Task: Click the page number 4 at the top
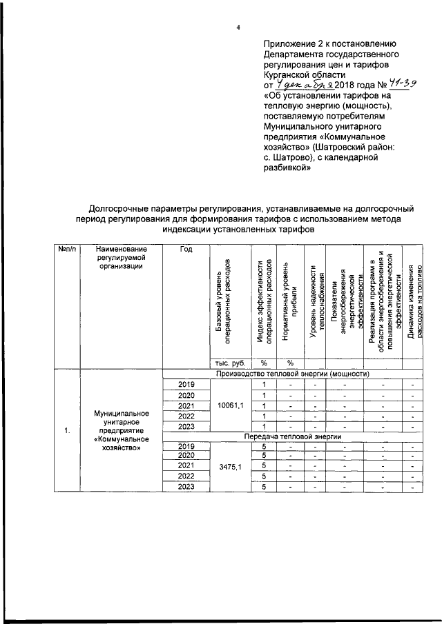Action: click(x=238, y=28)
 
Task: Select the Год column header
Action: click(x=185, y=249)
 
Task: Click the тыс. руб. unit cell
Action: click(x=227, y=363)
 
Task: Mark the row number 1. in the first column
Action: click(x=67, y=431)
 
